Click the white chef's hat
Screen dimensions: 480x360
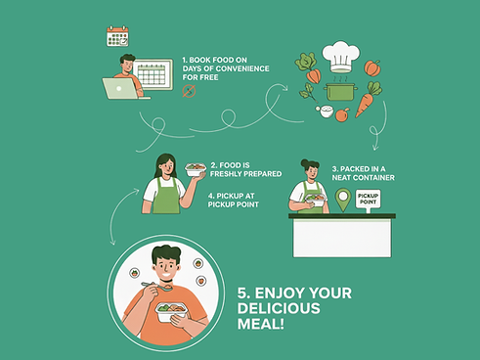tap(341, 56)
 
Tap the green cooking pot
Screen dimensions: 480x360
tap(340, 92)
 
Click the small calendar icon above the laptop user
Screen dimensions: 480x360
tap(117, 36)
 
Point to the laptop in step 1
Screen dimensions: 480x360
tap(121, 88)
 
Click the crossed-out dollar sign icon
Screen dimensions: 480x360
tap(189, 91)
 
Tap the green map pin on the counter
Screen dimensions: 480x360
tap(343, 200)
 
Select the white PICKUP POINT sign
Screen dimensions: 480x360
tap(368, 200)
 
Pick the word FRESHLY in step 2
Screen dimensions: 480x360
tap(225, 174)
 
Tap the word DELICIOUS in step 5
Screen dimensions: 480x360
tap(279, 308)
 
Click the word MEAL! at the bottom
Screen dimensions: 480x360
tap(261, 324)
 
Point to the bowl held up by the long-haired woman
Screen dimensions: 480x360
tap(196, 169)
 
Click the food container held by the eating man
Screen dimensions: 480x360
tap(171, 312)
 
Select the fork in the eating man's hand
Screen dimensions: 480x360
tap(156, 286)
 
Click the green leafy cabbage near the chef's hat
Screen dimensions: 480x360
tap(306, 62)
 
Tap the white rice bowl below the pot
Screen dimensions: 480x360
tap(327, 112)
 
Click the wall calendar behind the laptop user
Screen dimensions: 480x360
tap(153, 74)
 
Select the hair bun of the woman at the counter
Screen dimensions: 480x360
tap(305, 162)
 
